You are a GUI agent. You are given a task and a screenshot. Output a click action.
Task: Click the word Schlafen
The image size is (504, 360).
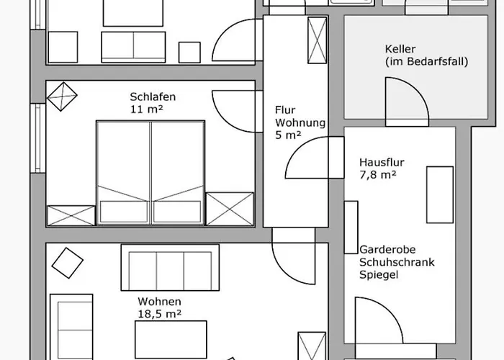click(x=153, y=97)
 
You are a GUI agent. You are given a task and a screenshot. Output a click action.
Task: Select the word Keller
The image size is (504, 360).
click(x=400, y=49)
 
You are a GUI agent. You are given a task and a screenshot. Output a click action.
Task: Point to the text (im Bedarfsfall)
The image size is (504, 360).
click(x=426, y=62)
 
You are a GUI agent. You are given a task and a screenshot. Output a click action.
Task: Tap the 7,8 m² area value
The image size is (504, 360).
click(x=378, y=174)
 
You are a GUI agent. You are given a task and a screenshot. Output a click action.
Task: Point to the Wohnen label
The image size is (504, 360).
click(x=159, y=301)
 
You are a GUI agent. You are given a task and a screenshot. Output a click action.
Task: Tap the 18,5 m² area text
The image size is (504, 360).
click(x=158, y=313)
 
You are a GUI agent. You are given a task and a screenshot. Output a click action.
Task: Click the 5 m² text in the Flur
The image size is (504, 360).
click(x=288, y=135)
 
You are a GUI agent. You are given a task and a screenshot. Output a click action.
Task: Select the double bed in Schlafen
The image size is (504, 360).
click(x=150, y=173)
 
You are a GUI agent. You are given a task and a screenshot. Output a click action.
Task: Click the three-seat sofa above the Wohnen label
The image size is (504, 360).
click(x=169, y=268)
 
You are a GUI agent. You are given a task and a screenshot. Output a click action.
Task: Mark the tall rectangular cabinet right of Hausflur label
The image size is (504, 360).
click(x=440, y=194)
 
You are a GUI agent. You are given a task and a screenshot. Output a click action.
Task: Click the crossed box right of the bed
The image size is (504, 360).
click(x=230, y=209)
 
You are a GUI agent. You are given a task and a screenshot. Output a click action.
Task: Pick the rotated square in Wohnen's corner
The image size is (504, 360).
click(x=67, y=262)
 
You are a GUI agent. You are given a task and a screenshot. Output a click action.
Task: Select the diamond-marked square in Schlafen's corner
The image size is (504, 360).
click(x=61, y=95)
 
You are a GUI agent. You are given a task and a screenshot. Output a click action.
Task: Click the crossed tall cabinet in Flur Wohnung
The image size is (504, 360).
click(x=317, y=43)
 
